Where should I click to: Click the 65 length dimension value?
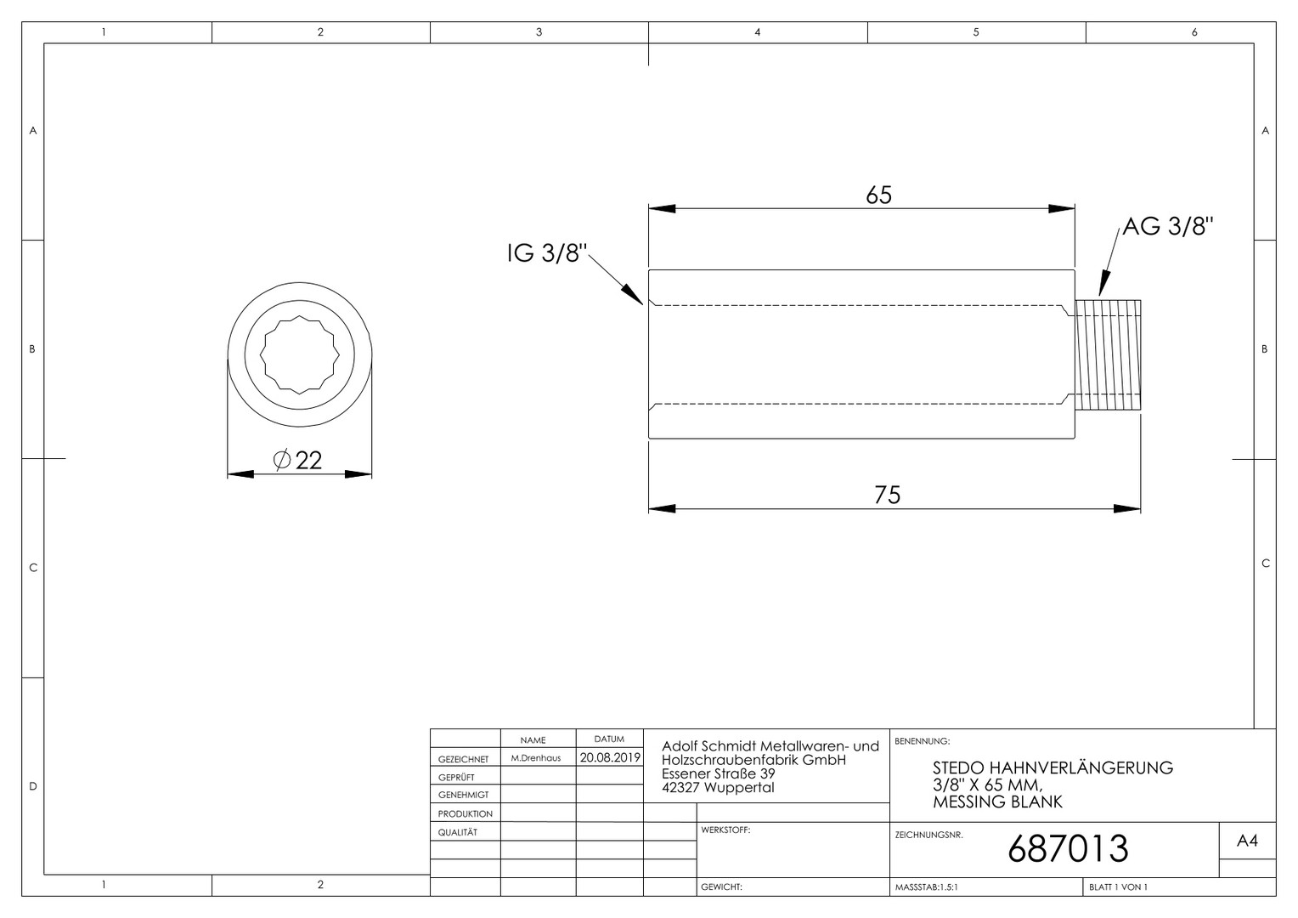click(x=878, y=195)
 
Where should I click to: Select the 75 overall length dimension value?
click(x=887, y=495)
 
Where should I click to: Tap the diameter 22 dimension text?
click(x=297, y=461)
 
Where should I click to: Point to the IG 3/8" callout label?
click(x=547, y=252)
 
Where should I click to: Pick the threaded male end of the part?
click(x=1108, y=355)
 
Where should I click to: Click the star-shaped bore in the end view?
click(x=300, y=355)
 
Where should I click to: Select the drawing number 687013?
click(x=1068, y=848)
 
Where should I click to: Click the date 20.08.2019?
click(x=610, y=757)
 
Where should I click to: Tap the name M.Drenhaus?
click(x=536, y=758)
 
